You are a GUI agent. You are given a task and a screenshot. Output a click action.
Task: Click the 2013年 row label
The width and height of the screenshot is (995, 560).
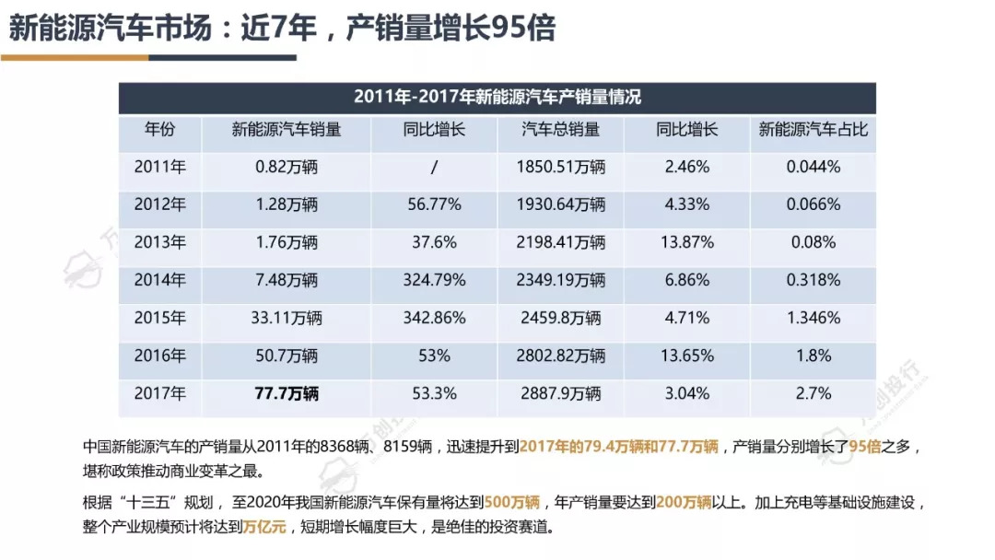[x=159, y=242]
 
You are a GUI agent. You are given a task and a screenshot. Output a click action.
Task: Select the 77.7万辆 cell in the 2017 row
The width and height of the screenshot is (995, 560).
[x=287, y=393]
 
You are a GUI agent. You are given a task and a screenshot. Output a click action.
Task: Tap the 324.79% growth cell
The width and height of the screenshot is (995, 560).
[x=434, y=280]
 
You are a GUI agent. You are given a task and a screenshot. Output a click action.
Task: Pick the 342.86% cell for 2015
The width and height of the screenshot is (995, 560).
[x=434, y=318]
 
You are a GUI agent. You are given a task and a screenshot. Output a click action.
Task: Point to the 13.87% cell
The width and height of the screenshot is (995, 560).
[x=687, y=242]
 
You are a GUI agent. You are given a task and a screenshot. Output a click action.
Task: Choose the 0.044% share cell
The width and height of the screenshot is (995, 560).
[x=814, y=167]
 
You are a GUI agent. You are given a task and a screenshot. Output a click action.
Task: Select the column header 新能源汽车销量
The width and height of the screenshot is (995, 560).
[x=287, y=130]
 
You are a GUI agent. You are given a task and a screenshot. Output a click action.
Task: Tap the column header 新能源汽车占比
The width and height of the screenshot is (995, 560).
[x=814, y=130]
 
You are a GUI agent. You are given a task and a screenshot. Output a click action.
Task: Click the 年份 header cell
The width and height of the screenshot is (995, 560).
[x=159, y=130]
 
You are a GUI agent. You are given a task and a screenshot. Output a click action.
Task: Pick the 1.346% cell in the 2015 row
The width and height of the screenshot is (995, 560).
[x=814, y=318]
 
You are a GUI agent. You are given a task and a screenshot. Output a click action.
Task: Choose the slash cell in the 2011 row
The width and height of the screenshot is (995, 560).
[x=434, y=167]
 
